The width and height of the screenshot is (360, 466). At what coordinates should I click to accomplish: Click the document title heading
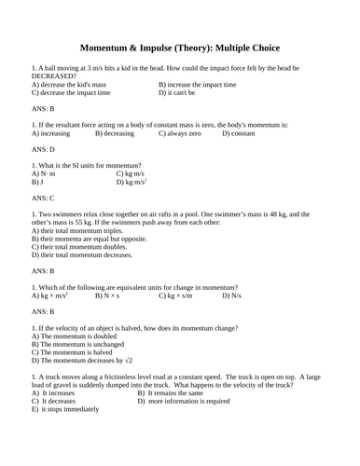tap(180, 48)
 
